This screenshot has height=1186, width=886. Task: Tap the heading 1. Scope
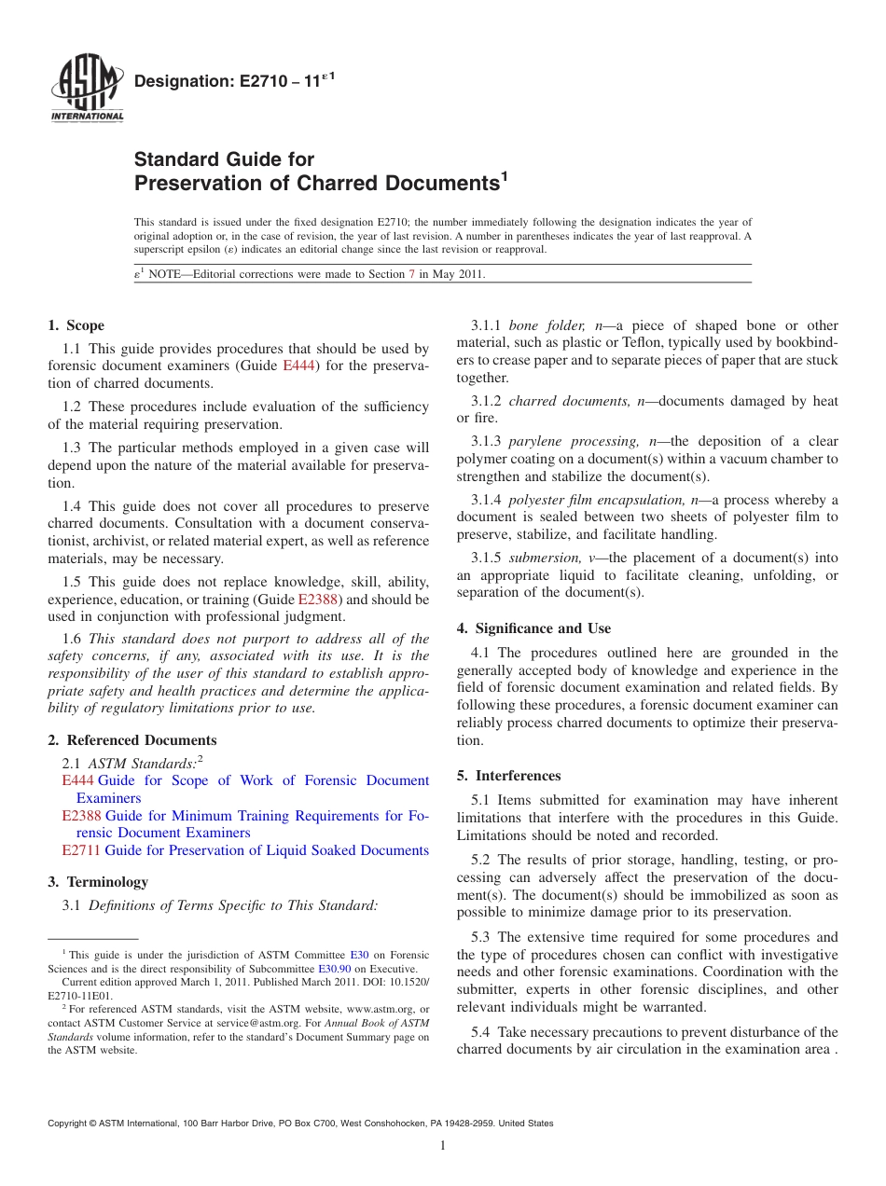76,325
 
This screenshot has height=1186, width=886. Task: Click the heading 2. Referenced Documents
132,740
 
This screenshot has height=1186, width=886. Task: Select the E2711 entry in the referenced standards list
81,850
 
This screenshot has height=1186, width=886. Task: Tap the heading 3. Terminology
97,882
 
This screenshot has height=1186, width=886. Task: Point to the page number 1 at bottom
443,1146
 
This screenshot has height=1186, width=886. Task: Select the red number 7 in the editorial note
412,274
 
